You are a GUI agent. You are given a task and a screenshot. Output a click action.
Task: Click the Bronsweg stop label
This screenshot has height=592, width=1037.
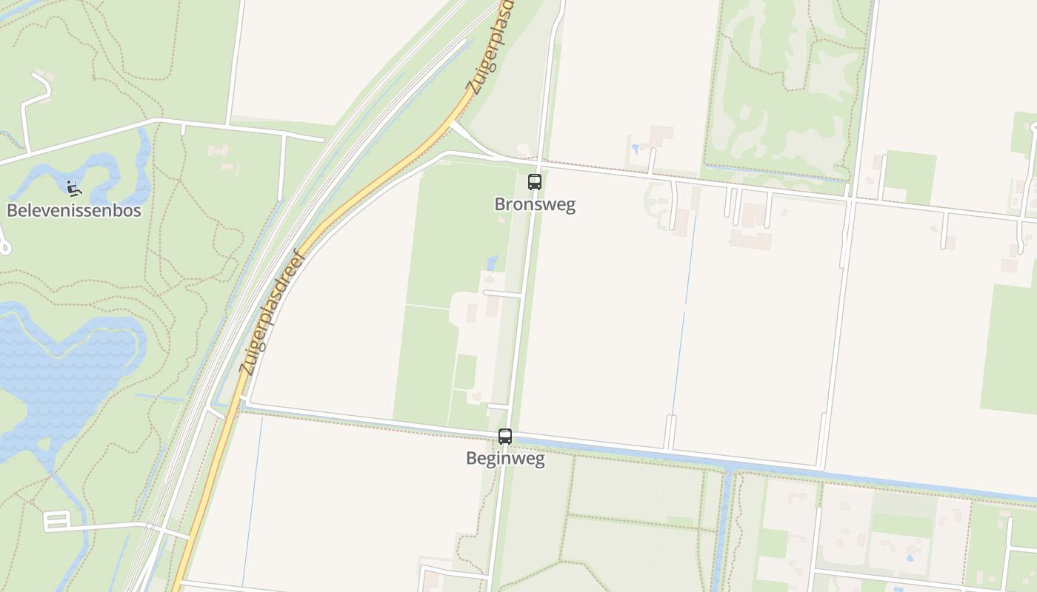(x=535, y=205)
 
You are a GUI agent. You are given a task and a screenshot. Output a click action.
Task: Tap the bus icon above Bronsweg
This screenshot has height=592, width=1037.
(x=535, y=182)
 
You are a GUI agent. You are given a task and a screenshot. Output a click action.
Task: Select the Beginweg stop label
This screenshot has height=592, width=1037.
(x=505, y=459)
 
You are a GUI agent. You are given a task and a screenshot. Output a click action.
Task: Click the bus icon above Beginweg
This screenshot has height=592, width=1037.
(x=505, y=437)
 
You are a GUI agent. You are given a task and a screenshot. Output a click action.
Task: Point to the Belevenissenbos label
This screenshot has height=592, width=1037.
(x=74, y=210)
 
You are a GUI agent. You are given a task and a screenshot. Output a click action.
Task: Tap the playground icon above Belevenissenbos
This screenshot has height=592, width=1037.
(x=73, y=189)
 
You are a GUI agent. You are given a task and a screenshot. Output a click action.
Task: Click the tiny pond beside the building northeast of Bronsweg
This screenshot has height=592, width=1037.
(x=635, y=148)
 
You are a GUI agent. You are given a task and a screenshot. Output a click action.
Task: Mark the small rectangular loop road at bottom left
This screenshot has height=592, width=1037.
(x=56, y=521)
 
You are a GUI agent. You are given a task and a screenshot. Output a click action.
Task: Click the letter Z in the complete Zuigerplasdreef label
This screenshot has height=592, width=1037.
(x=249, y=367)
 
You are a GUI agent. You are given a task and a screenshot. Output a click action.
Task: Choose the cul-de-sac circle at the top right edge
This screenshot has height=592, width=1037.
(x=1034, y=127)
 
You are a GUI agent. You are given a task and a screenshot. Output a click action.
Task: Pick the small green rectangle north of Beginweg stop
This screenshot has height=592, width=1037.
(x=465, y=371)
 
